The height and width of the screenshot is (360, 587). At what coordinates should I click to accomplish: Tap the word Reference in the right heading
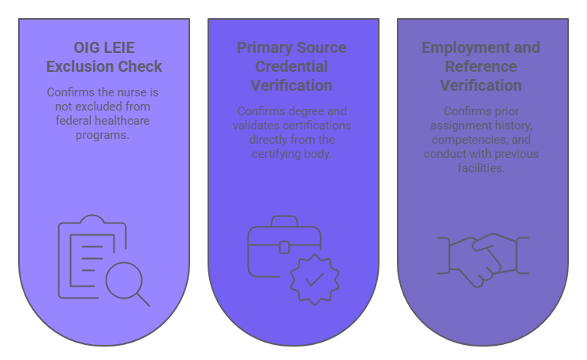click(x=480, y=66)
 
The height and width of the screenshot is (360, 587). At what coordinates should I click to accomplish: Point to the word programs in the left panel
click(x=103, y=135)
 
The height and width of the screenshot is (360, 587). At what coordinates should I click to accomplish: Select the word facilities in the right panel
click(x=480, y=168)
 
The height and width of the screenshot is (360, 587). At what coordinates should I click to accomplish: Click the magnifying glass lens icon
click(x=123, y=279)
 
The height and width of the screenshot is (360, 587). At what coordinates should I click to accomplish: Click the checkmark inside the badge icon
click(x=314, y=279)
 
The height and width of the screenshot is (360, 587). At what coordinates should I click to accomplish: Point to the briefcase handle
click(x=284, y=222)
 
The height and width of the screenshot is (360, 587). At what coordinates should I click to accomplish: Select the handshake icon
click(x=482, y=260)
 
